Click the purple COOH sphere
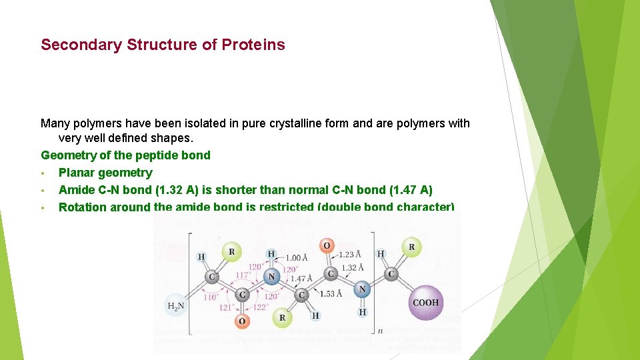coord(425,303)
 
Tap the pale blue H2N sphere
coord(176,306)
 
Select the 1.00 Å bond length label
coord(296,258)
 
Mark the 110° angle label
coord(211,297)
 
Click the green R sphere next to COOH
coord(411,247)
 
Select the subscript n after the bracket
coord(380,329)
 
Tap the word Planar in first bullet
coord(77,173)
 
